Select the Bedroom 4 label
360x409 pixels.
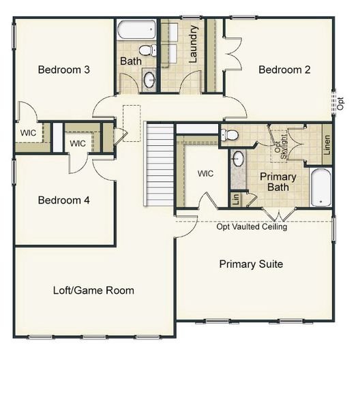[x=63, y=200]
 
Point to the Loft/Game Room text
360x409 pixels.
[x=93, y=290]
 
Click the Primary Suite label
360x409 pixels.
[x=250, y=264]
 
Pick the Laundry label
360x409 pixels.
[x=194, y=44]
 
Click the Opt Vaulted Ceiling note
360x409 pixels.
[x=252, y=227]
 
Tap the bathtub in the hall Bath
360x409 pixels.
[x=136, y=30]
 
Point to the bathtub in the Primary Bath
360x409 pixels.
[x=320, y=187]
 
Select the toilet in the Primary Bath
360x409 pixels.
[x=230, y=135]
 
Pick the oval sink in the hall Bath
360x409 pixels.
[x=149, y=80]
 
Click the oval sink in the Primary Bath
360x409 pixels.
[x=238, y=159]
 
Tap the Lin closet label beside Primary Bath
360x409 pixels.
[x=235, y=199]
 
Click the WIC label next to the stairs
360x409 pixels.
[x=205, y=174]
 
